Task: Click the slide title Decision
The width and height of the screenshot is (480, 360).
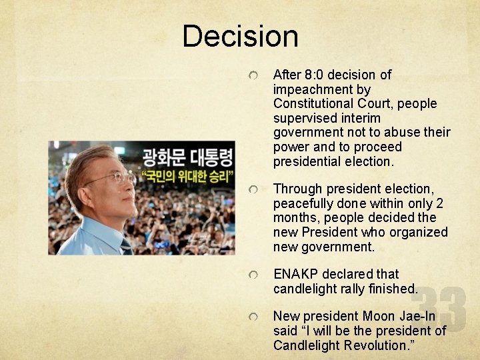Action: coord(240,36)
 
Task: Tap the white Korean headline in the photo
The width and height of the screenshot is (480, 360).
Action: coord(187,159)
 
